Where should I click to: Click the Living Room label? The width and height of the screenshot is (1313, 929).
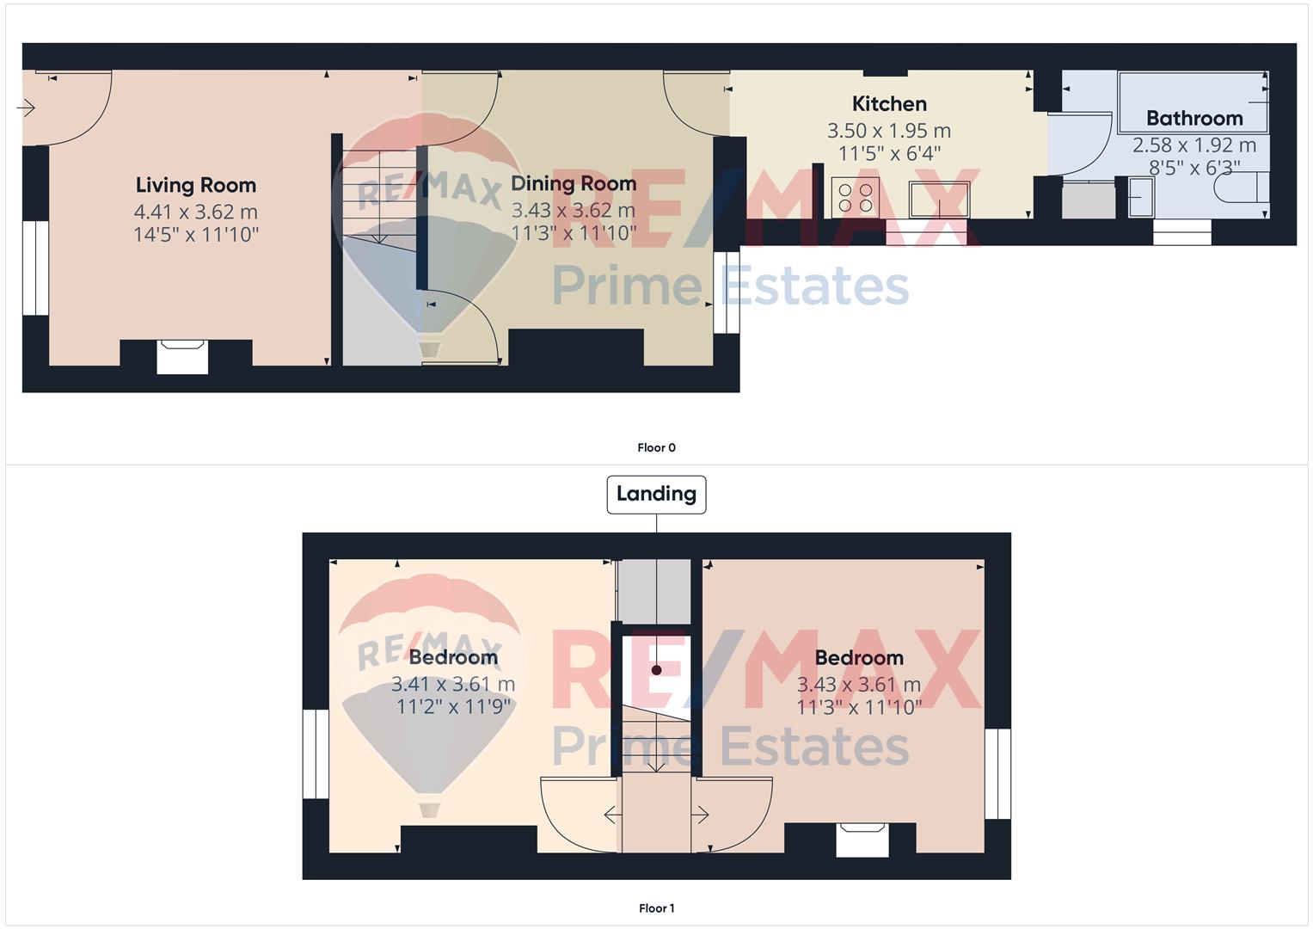(196, 185)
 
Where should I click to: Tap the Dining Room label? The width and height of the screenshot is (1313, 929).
(574, 183)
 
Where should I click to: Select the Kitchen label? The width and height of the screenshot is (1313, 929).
(889, 104)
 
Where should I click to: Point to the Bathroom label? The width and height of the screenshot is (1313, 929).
(1194, 119)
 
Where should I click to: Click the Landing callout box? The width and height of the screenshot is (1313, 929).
(656, 495)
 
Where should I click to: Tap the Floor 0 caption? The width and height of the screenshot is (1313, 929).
(657, 447)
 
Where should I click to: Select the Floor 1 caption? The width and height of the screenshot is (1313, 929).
(657, 908)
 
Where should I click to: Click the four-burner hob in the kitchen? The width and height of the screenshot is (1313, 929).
(856, 198)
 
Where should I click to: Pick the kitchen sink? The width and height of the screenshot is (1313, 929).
(939, 200)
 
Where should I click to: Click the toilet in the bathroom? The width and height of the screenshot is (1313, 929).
(1241, 188)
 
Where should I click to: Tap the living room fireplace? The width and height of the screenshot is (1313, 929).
(182, 357)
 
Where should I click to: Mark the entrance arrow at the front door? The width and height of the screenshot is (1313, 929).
(26, 108)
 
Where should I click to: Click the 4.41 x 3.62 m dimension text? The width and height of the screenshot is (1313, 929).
(196, 212)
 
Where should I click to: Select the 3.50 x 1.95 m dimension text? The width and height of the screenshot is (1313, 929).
(889, 131)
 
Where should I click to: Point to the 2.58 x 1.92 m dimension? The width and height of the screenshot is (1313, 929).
(1194, 145)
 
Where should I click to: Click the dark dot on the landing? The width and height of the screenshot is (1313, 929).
(657, 670)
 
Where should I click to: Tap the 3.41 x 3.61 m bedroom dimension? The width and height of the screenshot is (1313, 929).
(453, 684)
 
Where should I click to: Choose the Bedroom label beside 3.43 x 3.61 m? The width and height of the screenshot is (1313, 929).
(859, 658)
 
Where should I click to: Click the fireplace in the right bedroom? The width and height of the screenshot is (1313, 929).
(862, 840)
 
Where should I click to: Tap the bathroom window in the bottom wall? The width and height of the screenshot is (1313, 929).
(1181, 232)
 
